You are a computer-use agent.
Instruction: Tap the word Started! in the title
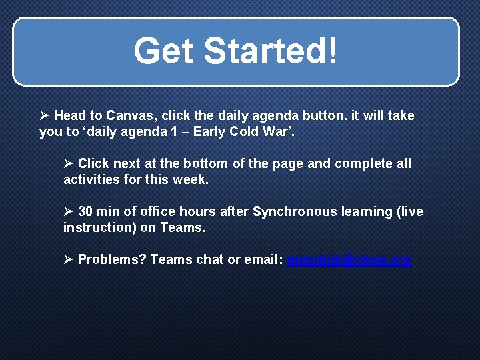(270, 51)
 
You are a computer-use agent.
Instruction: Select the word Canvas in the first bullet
(129, 116)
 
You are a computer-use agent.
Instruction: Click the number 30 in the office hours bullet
(85, 211)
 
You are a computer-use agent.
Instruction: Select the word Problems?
(112, 259)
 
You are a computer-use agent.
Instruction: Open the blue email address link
(349, 259)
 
